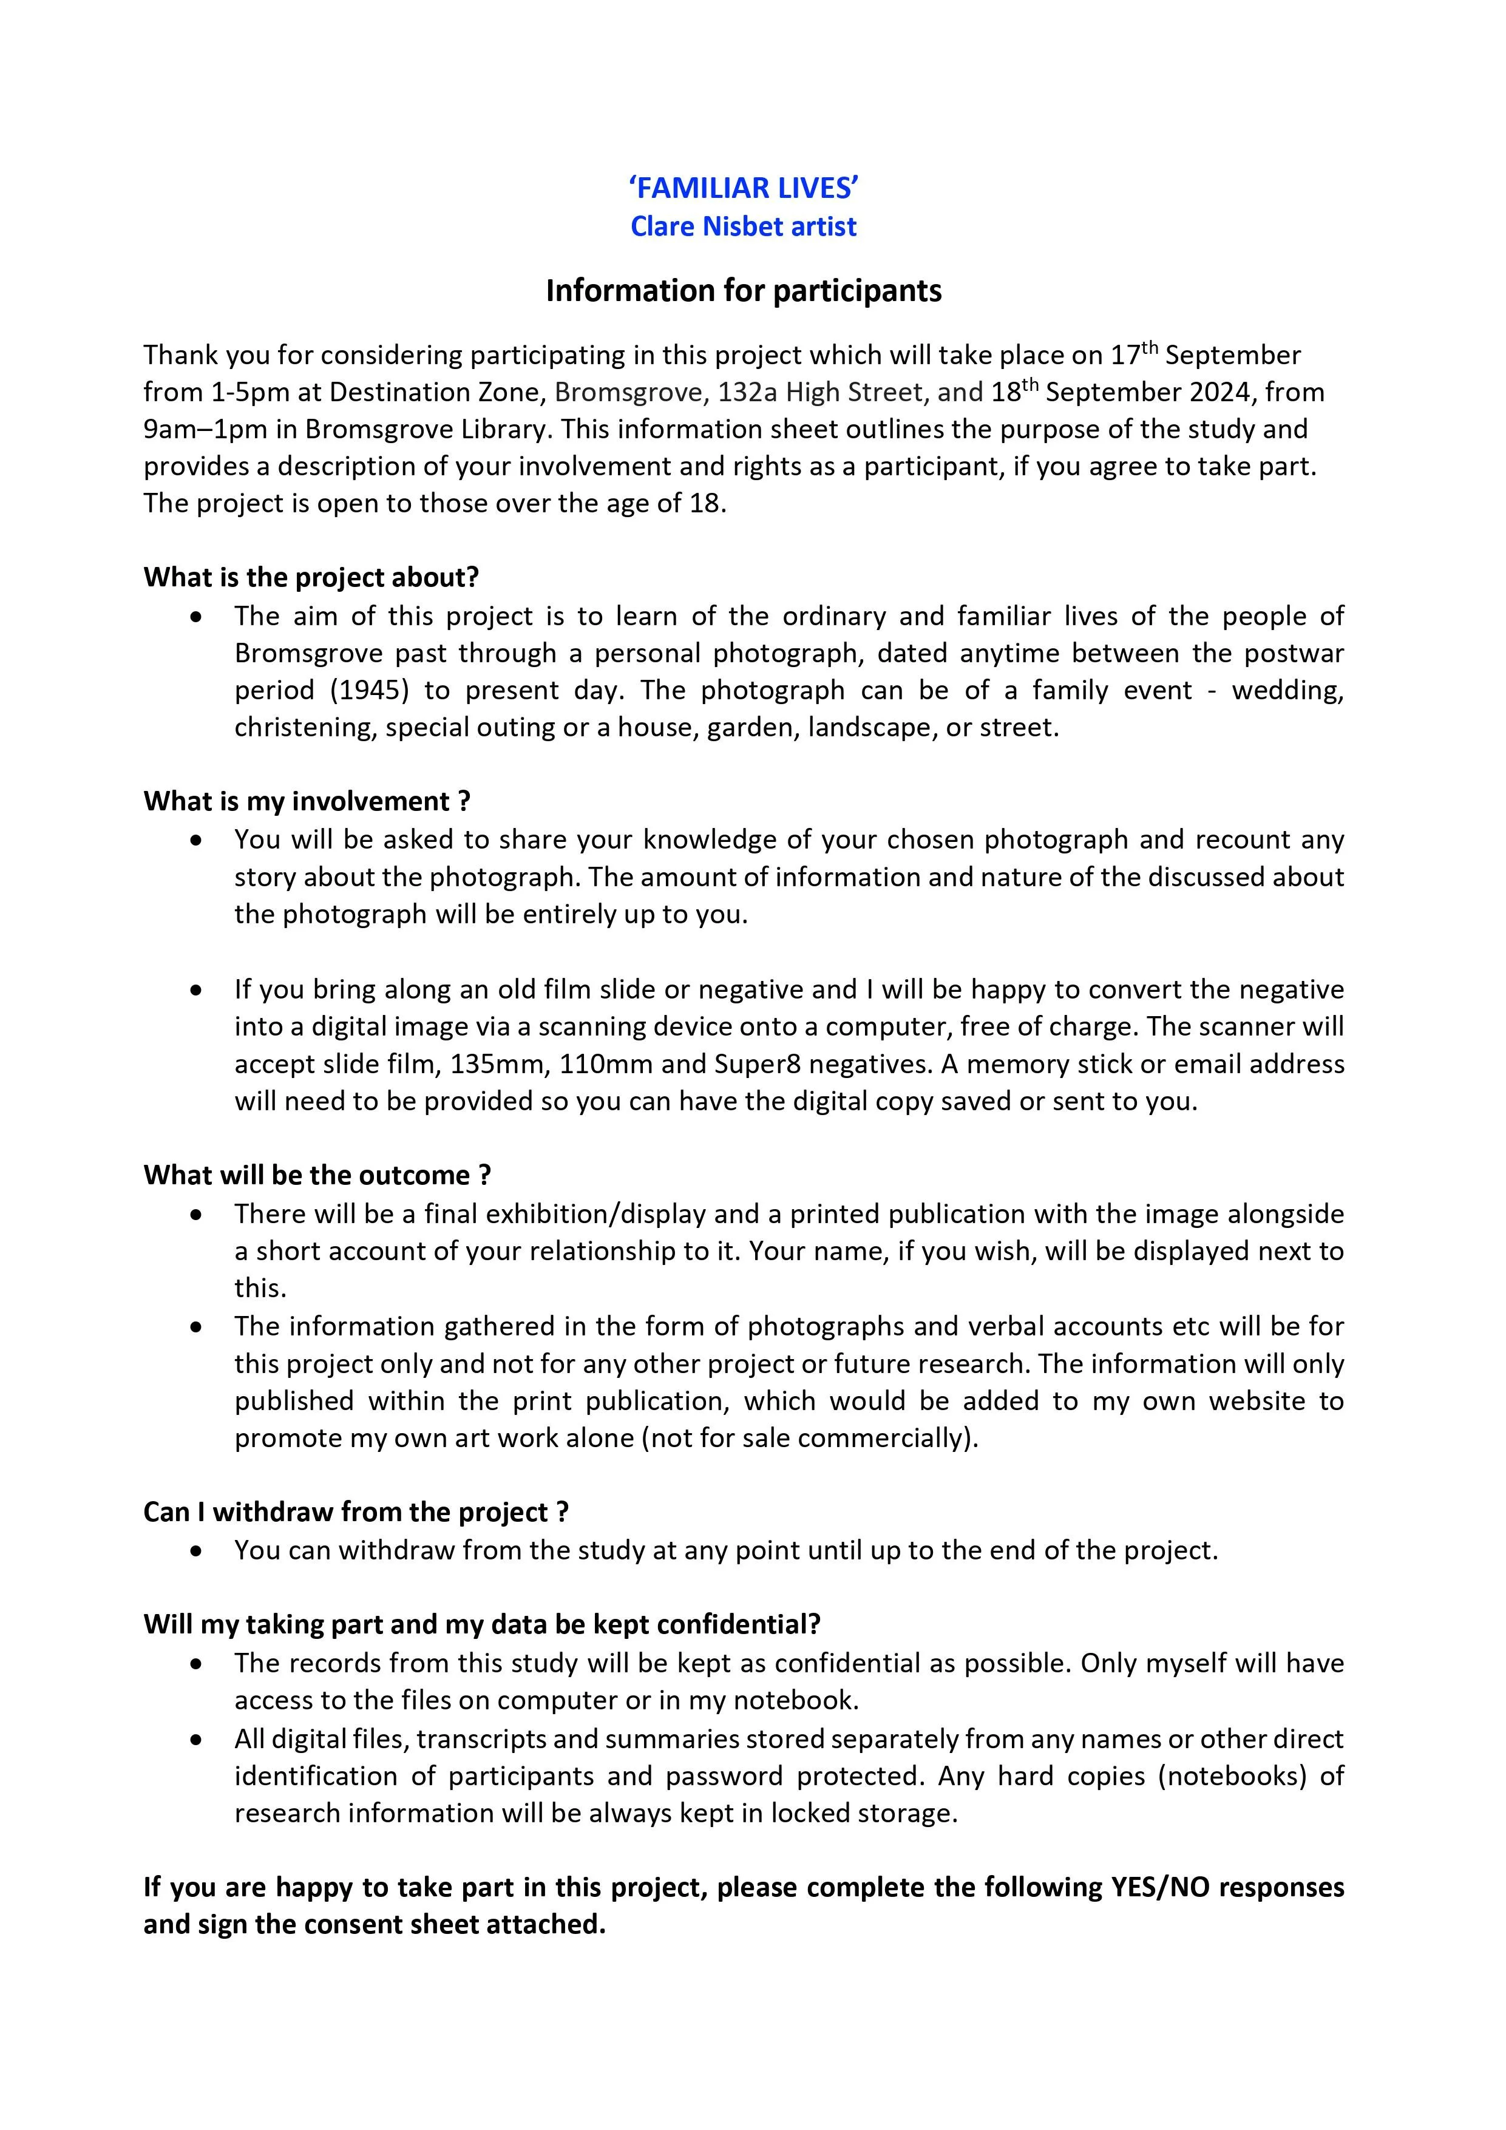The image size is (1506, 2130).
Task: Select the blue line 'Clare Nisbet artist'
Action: click(743, 226)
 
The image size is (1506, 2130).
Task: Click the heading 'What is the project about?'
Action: click(311, 577)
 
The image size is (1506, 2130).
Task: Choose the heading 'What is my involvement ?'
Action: click(306, 801)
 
